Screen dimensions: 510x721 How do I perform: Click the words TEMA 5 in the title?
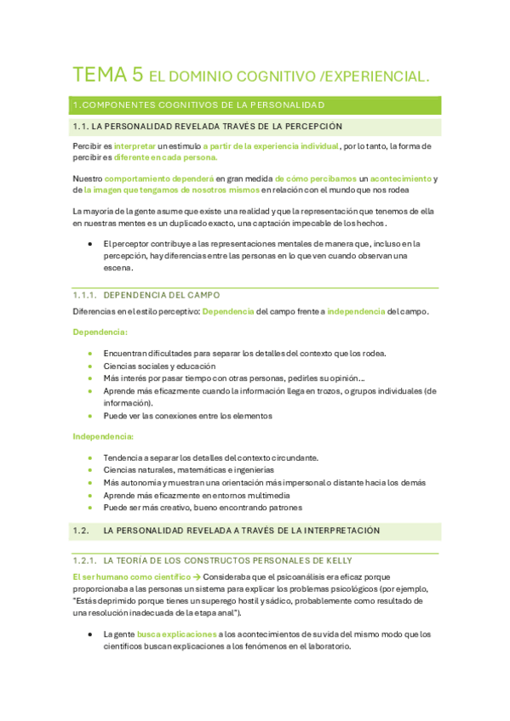pos(107,75)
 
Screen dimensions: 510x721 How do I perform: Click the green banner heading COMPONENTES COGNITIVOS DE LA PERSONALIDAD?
pos(199,105)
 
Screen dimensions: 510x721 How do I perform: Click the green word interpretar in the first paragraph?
pos(135,146)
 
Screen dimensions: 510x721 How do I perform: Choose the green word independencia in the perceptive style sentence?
pos(356,312)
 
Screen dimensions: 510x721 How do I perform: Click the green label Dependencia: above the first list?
pos(100,332)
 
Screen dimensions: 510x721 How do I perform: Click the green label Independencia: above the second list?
pos(103,436)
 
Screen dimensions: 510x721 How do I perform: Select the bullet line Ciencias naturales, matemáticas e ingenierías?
pos(188,469)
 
